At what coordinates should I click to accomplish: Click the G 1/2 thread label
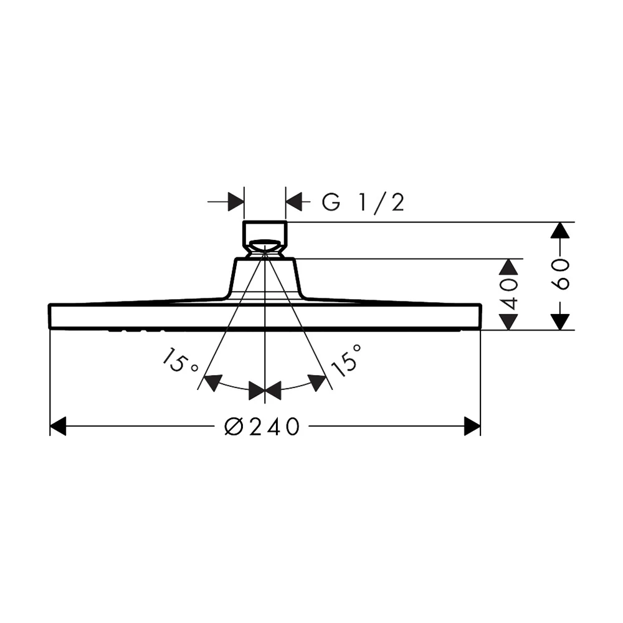[x=363, y=202]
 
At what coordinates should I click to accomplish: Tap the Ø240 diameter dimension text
[x=262, y=426]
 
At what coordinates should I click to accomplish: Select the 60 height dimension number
[x=560, y=274]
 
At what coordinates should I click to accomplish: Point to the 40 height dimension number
[x=508, y=295]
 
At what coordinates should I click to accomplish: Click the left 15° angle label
[x=179, y=360]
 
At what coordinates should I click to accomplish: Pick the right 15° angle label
[x=346, y=360]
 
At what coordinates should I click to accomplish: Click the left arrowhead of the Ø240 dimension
[x=58, y=426]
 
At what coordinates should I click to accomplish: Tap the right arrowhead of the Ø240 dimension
[x=472, y=426]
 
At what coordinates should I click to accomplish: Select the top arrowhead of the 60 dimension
[x=560, y=231]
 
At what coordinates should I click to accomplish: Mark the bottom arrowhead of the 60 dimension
[x=560, y=322]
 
